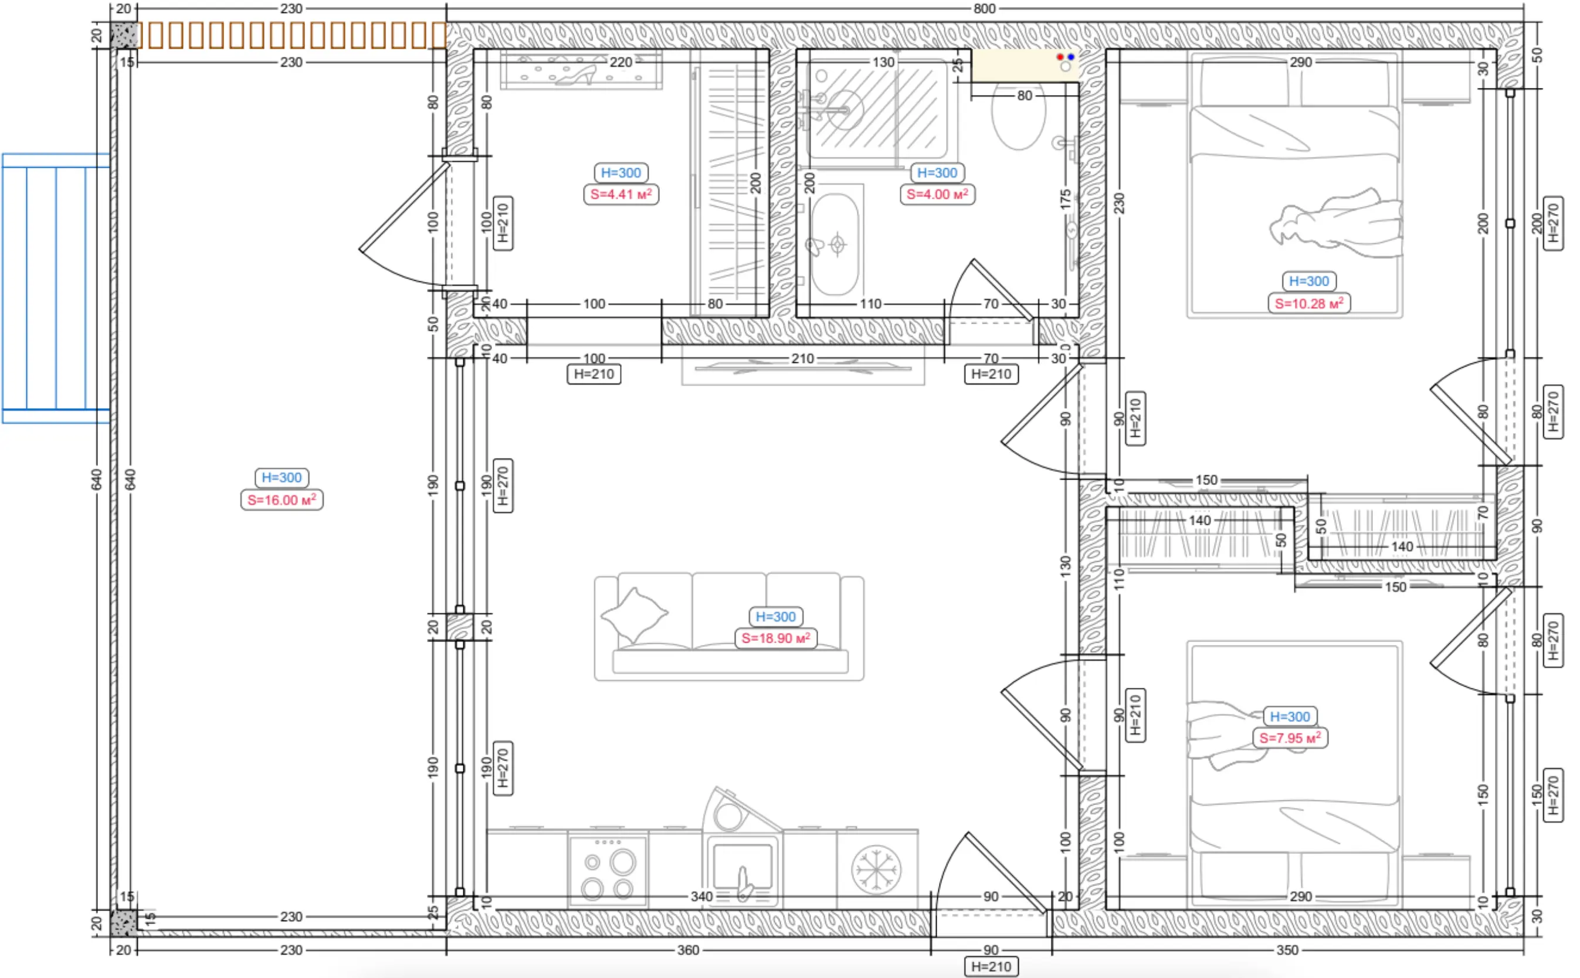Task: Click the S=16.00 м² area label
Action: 282,500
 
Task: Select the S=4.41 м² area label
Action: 621,194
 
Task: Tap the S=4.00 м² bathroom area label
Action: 937,194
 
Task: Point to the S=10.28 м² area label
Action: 1309,303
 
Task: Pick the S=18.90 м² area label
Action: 776,638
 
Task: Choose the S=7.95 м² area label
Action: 1290,738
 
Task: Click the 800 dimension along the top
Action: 984,8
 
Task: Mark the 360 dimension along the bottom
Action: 688,949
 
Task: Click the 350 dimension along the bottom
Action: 1287,949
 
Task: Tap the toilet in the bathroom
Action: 1018,117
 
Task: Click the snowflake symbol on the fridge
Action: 876,869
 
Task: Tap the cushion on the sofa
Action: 634,614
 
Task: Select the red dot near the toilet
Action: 1060,57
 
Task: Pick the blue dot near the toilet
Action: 1071,57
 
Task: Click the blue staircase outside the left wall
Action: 56,288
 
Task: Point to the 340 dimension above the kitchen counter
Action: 701,896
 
